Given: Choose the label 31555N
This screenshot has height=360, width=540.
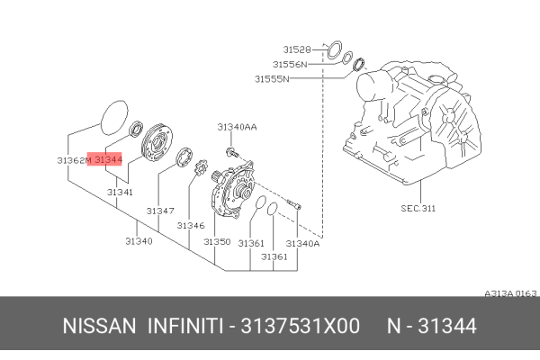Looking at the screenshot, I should (x=271, y=78).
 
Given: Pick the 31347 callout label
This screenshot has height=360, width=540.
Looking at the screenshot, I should (x=159, y=211).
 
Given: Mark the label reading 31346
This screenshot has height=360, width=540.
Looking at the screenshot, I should (x=191, y=225).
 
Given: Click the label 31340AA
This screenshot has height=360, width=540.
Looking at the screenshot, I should (x=237, y=127).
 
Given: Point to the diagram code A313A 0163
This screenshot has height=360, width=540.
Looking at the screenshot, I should (x=509, y=293).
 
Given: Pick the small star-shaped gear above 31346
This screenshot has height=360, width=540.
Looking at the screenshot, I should (x=200, y=168).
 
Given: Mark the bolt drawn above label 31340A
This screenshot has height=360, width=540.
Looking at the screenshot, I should (x=295, y=206).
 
